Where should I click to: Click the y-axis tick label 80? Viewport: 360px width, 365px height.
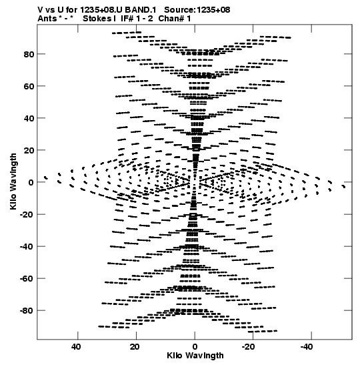[x=29, y=54]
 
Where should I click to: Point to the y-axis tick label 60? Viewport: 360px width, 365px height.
[x=29, y=86]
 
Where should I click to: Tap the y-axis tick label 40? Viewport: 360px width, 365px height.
[x=29, y=118]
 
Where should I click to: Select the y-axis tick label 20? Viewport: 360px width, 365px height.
[x=29, y=150]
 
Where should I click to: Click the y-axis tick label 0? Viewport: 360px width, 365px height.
[x=31, y=182]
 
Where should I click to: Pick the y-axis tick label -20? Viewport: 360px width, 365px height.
[x=27, y=214]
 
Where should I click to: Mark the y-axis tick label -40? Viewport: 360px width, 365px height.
[x=27, y=246]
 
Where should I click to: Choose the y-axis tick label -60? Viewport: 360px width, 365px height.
[x=27, y=278]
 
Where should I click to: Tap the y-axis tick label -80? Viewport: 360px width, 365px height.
[x=27, y=310]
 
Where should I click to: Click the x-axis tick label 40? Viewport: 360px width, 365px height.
[x=76, y=347]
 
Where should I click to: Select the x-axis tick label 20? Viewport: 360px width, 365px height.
[x=135, y=347]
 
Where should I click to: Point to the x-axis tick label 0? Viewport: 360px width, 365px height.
[x=195, y=347]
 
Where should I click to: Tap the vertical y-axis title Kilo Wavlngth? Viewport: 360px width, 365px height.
[x=13, y=181]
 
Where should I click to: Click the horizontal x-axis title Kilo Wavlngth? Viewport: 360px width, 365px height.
[x=195, y=356]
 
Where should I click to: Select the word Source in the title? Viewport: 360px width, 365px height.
[x=179, y=10]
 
